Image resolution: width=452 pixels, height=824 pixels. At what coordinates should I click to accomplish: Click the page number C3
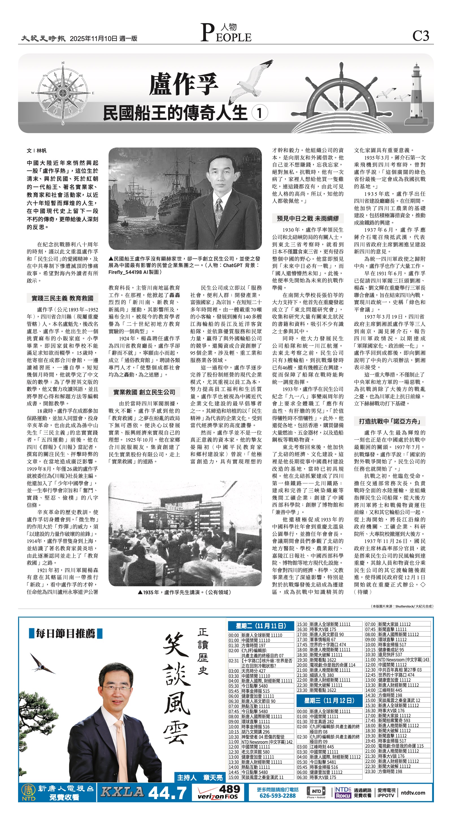point(420,36)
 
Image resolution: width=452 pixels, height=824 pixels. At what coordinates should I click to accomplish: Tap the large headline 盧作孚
point(184,84)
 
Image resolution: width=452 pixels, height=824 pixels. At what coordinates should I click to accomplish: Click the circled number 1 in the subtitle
point(259,113)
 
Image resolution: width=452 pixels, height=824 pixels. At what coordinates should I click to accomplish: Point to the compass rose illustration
point(63,93)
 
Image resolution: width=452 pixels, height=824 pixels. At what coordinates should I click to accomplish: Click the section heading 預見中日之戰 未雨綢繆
point(308,218)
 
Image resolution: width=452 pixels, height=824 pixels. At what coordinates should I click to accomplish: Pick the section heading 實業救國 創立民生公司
point(144,392)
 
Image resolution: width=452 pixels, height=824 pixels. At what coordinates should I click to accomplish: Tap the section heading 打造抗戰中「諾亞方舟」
point(389,421)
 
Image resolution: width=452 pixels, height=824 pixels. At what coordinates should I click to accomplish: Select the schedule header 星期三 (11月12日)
point(329,700)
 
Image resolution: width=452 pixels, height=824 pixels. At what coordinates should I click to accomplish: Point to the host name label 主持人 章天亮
point(199,777)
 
